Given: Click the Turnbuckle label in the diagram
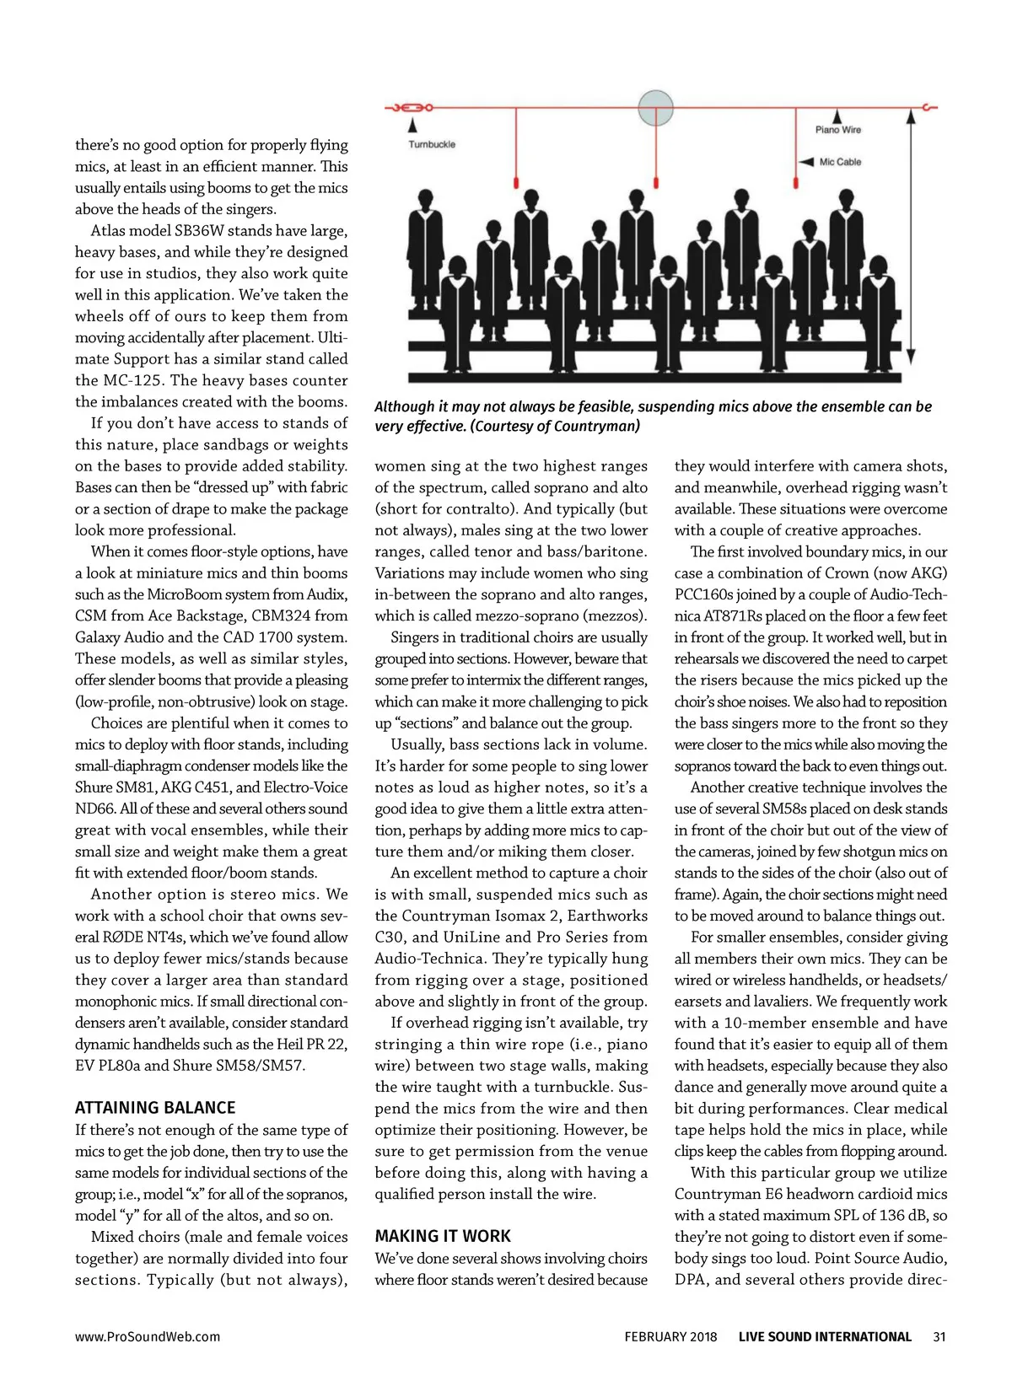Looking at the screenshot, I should (432, 144).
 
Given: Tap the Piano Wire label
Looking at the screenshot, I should (837, 130).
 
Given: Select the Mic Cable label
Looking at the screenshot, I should (840, 162).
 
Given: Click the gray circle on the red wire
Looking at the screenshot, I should (655, 108).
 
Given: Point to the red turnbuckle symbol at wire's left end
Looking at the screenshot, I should (410, 108).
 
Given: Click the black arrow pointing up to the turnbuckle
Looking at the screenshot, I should (412, 125).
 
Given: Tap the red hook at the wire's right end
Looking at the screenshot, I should (929, 108).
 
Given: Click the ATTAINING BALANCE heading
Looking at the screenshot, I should (155, 1108).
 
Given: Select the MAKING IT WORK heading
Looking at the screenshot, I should (443, 1236).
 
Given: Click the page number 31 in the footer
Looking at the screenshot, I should (939, 1336).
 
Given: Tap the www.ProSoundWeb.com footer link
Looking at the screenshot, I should (148, 1336).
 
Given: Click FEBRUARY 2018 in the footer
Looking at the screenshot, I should (670, 1336).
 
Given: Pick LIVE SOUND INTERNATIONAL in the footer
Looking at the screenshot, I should (825, 1336).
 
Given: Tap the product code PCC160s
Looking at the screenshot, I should (706, 594).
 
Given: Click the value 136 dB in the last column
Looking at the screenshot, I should (896, 1216).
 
